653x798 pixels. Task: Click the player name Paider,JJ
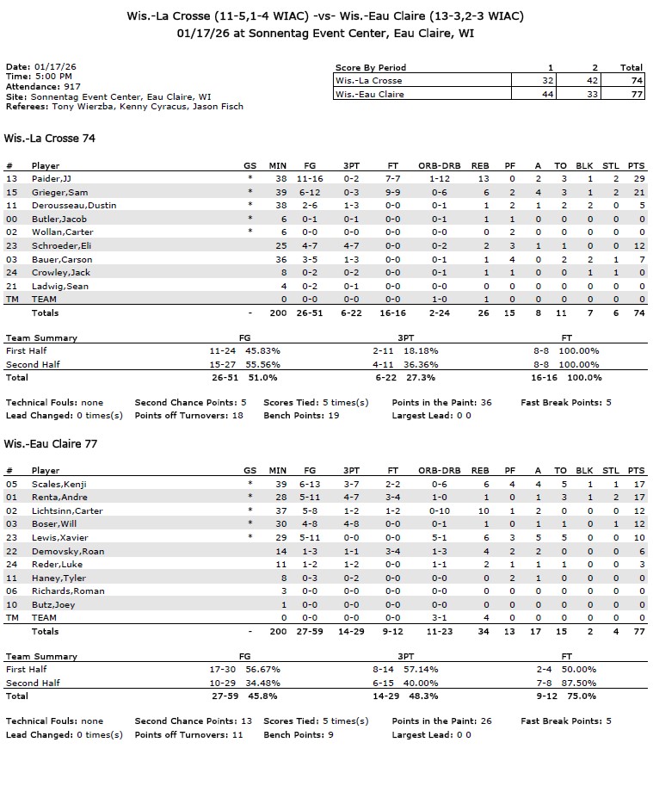click(x=52, y=178)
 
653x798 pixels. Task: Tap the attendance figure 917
click(x=71, y=87)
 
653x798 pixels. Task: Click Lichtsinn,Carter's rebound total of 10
click(x=484, y=510)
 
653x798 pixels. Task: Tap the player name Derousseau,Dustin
click(x=73, y=205)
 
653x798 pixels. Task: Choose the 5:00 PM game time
click(x=54, y=77)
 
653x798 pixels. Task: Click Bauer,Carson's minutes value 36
click(x=280, y=259)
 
